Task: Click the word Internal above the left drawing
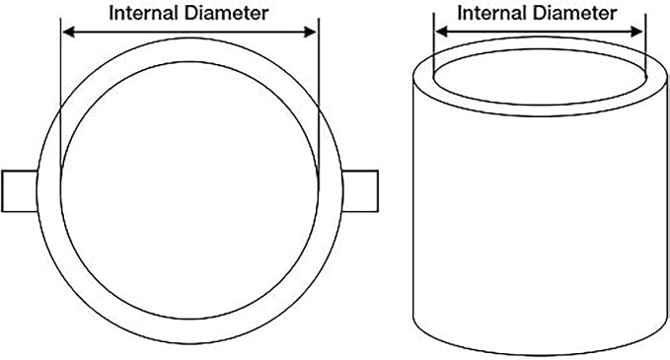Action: [144, 13]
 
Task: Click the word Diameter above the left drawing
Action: [227, 13]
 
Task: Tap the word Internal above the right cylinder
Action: [492, 13]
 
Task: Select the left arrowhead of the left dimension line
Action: [68, 32]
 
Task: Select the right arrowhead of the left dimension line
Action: [310, 32]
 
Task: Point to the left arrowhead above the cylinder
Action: [441, 32]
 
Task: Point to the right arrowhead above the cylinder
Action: [636, 32]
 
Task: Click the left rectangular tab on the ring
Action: [20, 191]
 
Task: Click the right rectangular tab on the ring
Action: [360, 191]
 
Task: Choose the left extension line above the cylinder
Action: [434, 44]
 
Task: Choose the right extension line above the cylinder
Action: [645, 44]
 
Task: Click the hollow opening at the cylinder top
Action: [540, 77]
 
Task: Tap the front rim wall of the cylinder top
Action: [540, 110]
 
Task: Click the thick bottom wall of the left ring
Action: [189, 331]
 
